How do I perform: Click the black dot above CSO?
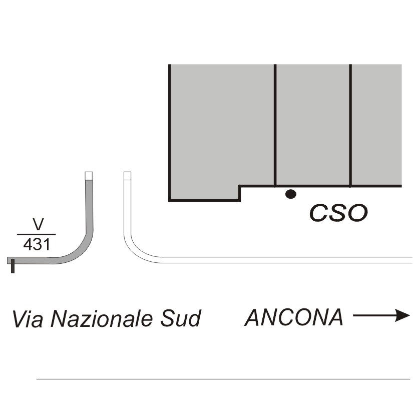pyautogui.click(x=291, y=194)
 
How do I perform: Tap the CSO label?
pyautogui.click(x=338, y=213)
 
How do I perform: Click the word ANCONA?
pyautogui.click(x=294, y=317)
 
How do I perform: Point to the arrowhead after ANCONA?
pyautogui.click(x=402, y=315)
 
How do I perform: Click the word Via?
pyautogui.click(x=28, y=319)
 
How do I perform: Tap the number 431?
pyautogui.click(x=37, y=244)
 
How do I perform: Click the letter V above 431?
pyautogui.click(x=38, y=224)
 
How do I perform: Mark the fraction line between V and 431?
pyautogui.click(x=37, y=234)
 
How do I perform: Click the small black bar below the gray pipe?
pyautogui.click(x=13, y=266)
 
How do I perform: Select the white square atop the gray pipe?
pyautogui.click(x=89, y=176)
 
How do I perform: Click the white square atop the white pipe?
pyautogui.click(x=128, y=176)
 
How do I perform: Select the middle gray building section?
pyautogui.click(x=313, y=125)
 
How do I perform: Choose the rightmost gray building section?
pyautogui.click(x=376, y=125)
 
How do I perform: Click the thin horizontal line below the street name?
pyautogui.click(x=223, y=379)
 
